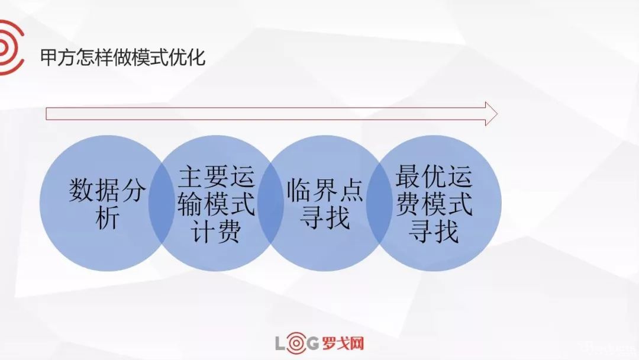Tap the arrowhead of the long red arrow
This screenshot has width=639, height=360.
tap(490, 114)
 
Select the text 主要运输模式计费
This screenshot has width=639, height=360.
tap(217, 205)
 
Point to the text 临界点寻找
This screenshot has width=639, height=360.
tap(325, 205)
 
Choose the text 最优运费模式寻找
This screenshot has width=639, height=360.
tap(434, 204)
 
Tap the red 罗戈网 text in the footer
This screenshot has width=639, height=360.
tap(344, 343)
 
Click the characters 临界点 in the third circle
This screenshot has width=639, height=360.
tap(325, 191)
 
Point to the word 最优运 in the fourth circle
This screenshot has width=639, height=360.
tap(434, 177)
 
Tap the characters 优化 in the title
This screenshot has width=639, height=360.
tap(188, 58)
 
